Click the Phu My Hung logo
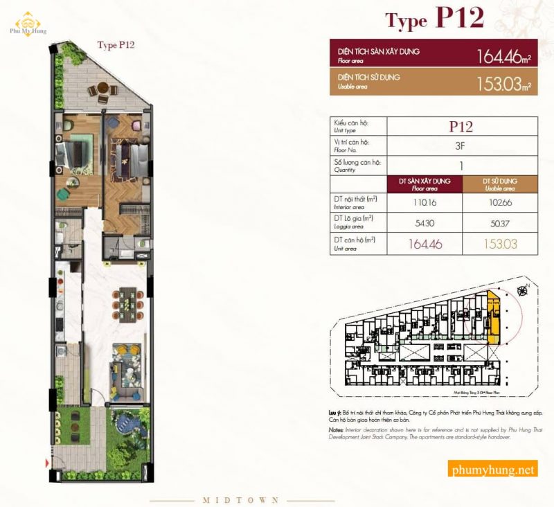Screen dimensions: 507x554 tap(27, 21)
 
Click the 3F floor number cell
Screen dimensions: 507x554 tap(461, 146)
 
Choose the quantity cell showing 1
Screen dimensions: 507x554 tap(461, 166)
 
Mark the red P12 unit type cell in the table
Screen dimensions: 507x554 tap(461, 127)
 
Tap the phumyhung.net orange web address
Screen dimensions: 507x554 tap(492, 470)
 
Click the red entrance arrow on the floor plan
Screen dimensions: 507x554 tap(47, 462)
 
